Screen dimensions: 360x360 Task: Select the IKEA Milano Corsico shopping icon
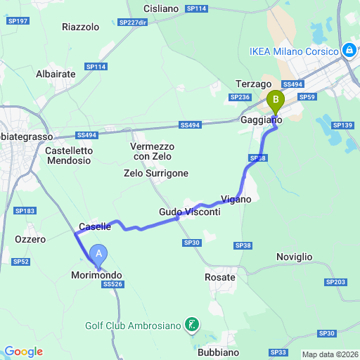pyautogui.click(x=349, y=51)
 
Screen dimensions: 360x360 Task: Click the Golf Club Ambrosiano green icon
pyautogui.click(x=191, y=325)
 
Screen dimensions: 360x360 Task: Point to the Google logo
pyautogui.click(x=23, y=352)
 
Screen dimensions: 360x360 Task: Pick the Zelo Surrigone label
pyautogui.click(x=155, y=173)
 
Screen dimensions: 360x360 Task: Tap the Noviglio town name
pyautogui.click(x=294, y=257)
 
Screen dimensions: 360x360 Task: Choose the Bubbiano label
pyautogui.click(x=218, y=352)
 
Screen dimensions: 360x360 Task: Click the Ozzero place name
pyautogui.click(x=30, y=239)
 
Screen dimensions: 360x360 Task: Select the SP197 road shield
pyautogui.click(x=18, y=22)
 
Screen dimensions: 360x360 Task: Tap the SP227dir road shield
pyautogui.click(x=133, y=22)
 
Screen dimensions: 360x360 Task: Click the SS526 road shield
pyautogui.click(x=112, y=285)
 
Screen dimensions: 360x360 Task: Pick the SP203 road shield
pyautogui.click(x=337, y=282)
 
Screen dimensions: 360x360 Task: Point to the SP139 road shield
pyautogui.click(x=342, y=125)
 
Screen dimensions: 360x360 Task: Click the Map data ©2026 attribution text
pyautogui.click(x=329, y=354)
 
